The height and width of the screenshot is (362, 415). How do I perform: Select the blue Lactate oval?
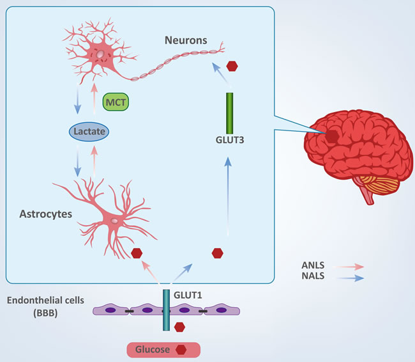[89, 132]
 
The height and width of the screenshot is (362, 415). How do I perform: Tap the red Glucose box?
[162, 349]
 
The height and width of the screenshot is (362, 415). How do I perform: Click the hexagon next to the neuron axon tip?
[232, 66]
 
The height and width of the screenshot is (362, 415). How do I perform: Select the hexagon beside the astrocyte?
[136, 253]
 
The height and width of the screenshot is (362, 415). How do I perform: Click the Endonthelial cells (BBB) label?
[40, 305]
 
